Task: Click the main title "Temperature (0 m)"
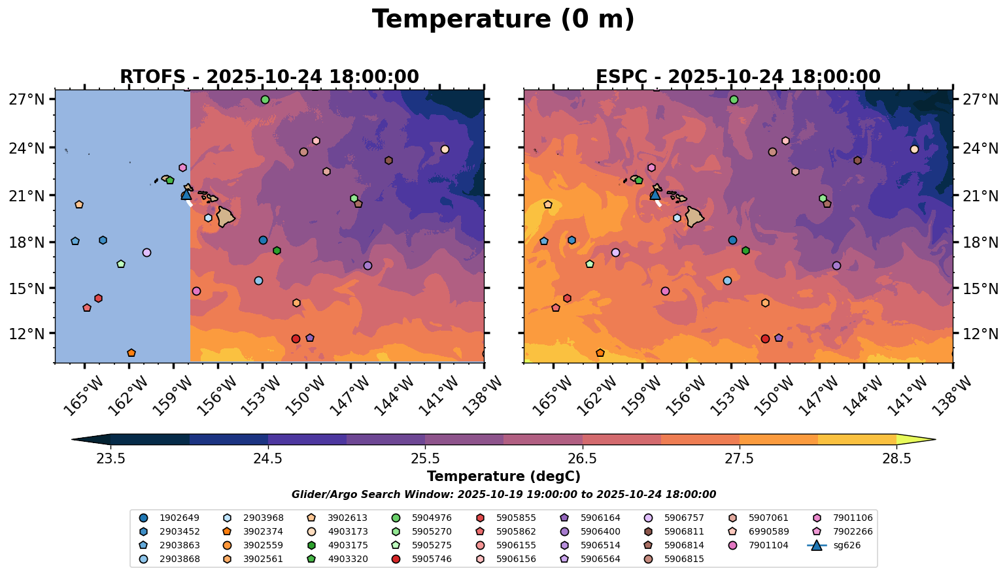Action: click(503, 20)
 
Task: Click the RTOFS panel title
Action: click(269, 77)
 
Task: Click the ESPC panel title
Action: click(738, 77)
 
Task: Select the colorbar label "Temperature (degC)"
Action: click(503, 476)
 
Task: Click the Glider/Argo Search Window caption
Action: click(503, 495)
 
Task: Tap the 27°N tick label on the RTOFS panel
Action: click(27, 100)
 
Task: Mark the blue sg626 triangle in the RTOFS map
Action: click(186, 194)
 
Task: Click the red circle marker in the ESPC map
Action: click(765, 339)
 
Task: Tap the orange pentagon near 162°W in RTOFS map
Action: click(131, 353)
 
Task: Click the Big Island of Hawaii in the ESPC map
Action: click(694, 216)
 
